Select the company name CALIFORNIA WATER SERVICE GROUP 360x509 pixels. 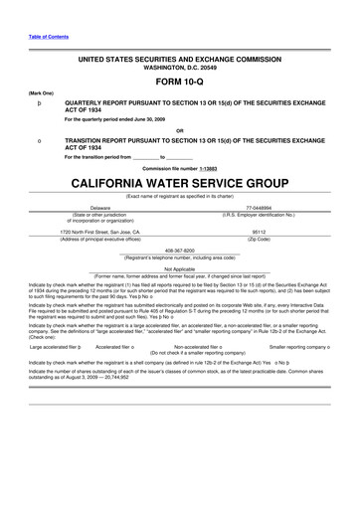click(x=180, y=184)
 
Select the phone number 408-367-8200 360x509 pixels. click(x=180, y=250)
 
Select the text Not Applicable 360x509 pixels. click(x=180, y=268)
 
